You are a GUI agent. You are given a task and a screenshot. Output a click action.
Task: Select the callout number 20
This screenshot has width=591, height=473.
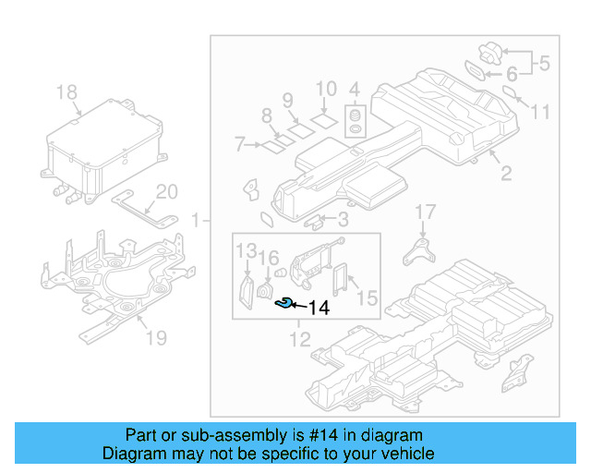165,191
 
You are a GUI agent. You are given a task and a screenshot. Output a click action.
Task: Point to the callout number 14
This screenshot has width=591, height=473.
319,308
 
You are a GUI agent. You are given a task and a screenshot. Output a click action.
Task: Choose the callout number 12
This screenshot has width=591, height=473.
298,340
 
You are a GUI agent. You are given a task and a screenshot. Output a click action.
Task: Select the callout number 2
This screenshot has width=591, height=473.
505,173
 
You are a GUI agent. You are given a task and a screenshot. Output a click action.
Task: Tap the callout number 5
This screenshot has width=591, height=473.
544,64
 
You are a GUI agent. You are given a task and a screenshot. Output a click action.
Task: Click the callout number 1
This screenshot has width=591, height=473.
195,220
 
